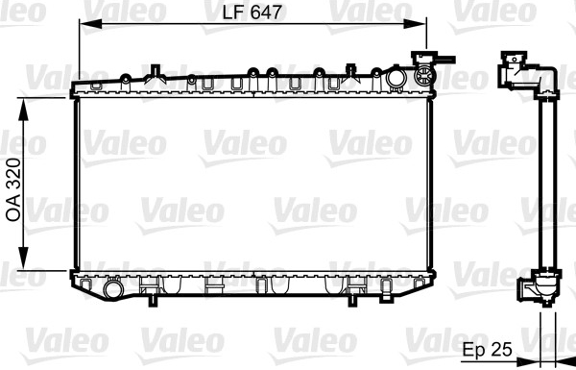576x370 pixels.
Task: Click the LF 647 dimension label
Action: (253, 12)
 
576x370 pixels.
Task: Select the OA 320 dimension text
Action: (13, 189)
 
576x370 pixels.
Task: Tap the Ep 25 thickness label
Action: (487, 350)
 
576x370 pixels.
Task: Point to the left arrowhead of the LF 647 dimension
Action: (90, 24)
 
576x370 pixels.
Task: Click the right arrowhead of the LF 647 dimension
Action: (415, 24)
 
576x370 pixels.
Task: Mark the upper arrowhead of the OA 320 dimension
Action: (23, 110)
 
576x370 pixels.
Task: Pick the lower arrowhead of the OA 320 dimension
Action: (23, 259)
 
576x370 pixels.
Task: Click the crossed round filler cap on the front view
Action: (424, 75)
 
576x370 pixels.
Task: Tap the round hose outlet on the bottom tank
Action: (112, 288)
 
